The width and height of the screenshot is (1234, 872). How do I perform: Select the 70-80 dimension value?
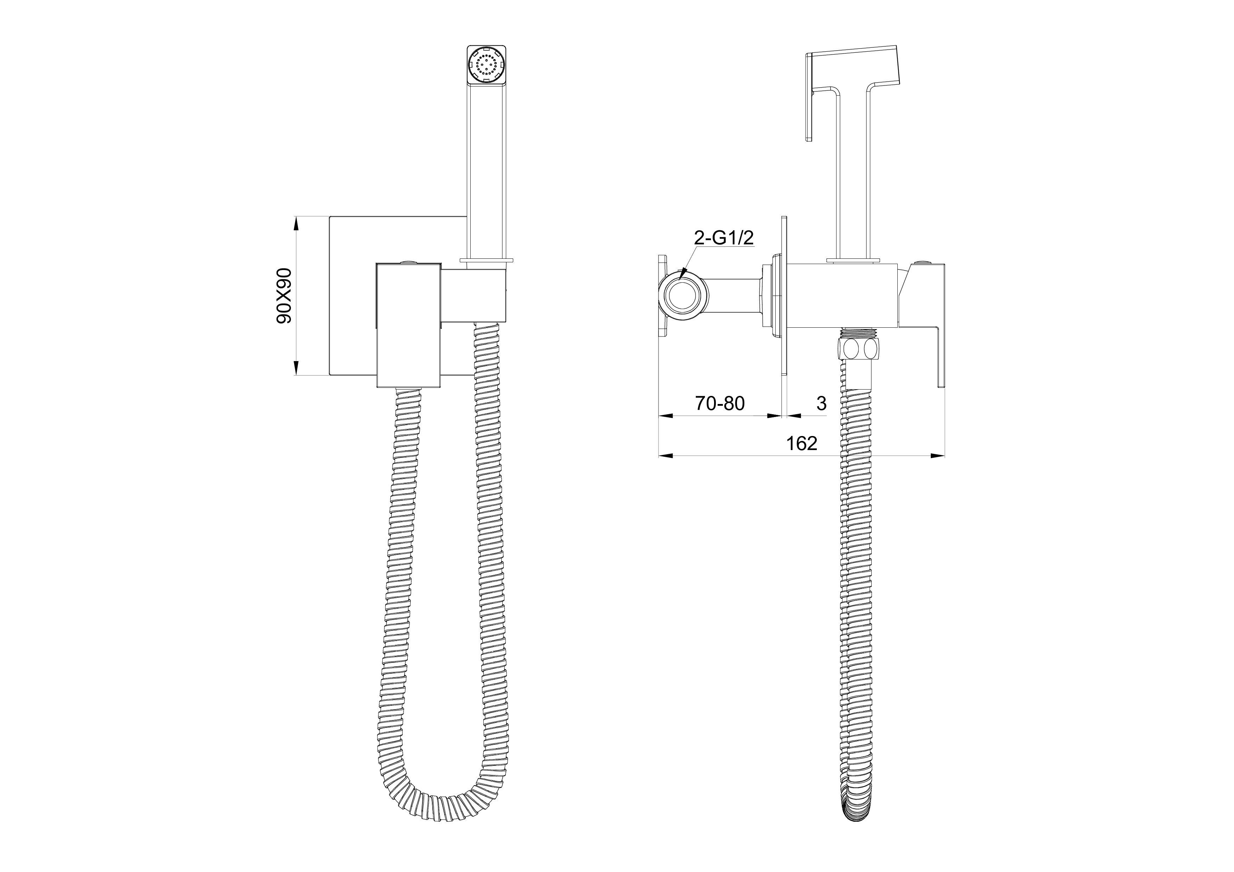pos(720,403)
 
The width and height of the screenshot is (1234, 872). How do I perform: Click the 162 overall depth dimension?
pos(802,443)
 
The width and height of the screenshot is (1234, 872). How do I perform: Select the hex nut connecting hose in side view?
pos(859,349)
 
